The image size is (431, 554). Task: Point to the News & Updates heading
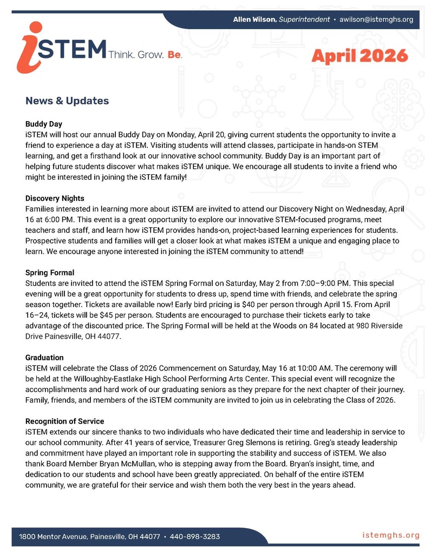coord(67,101)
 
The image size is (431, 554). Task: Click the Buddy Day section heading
coord(44,124)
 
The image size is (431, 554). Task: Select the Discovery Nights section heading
coord(54,198)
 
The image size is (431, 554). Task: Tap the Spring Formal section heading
coord(49,272)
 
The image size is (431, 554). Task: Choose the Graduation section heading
coord(44,357)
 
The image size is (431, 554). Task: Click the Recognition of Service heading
coord(64,421)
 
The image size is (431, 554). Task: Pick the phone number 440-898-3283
coord(194,537)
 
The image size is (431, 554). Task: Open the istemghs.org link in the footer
coord(391,536)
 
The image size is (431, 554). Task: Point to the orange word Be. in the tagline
coord(174,55)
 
